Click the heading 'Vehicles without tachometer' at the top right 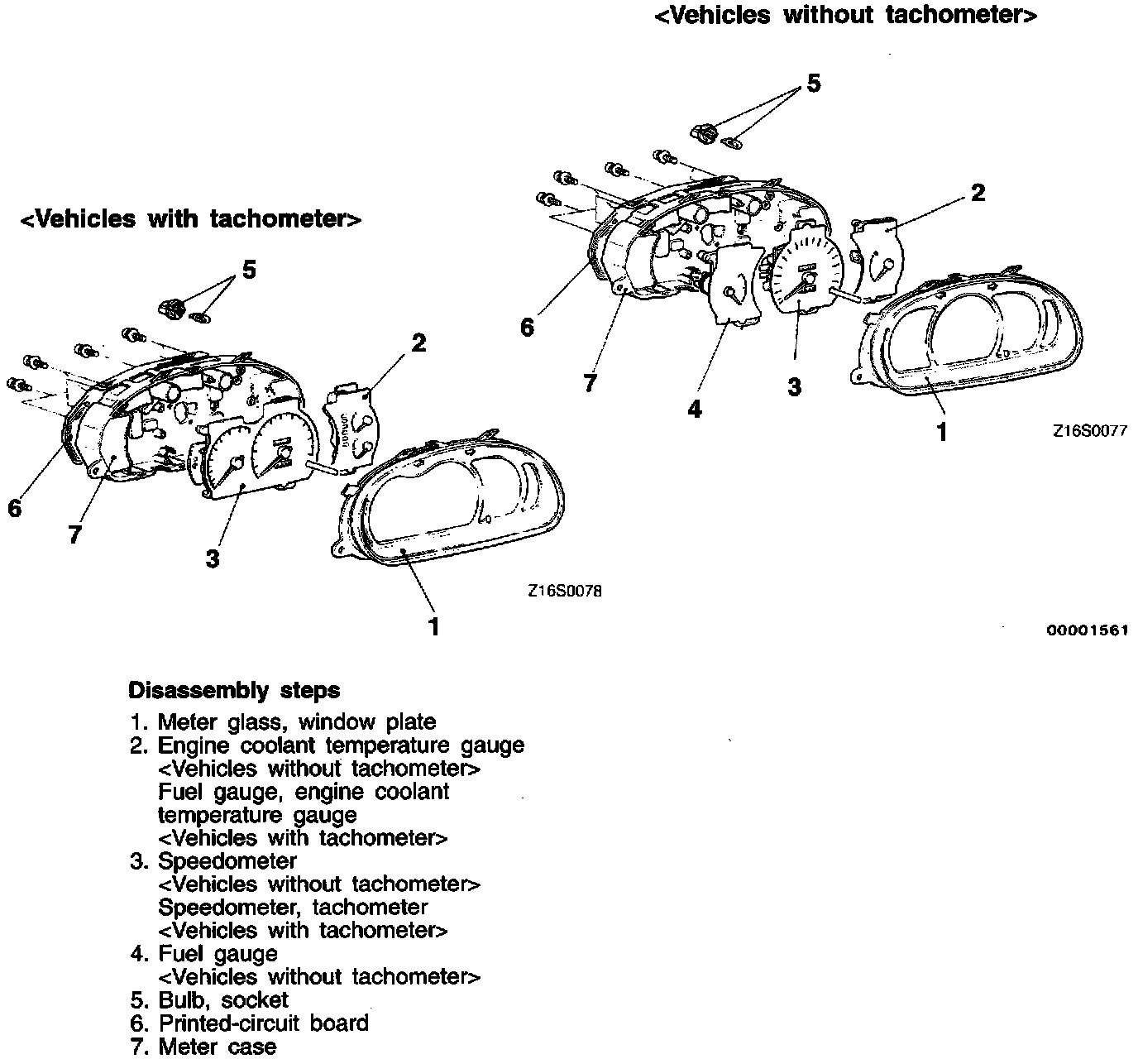[x=845, y=16]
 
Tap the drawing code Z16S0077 [x=1089, y=431]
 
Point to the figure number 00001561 [x=1088, y=630]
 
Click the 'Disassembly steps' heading [x=234, y=690]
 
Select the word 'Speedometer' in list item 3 [x=227, y=860]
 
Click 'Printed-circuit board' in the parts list [x=263, y=1023]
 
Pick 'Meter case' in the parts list [x=217, y=1046]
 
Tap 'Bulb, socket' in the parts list [x=222, y=999]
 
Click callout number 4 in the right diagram [x=695, y=409]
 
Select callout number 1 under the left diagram [x=433, y=626]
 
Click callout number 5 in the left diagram [x=249, y=270]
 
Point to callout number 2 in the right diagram [x=978, y=193]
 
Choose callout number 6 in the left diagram [x=14, y=507]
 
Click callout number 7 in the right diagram [x=589, y=383]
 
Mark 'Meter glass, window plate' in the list [x=296, y=721]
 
